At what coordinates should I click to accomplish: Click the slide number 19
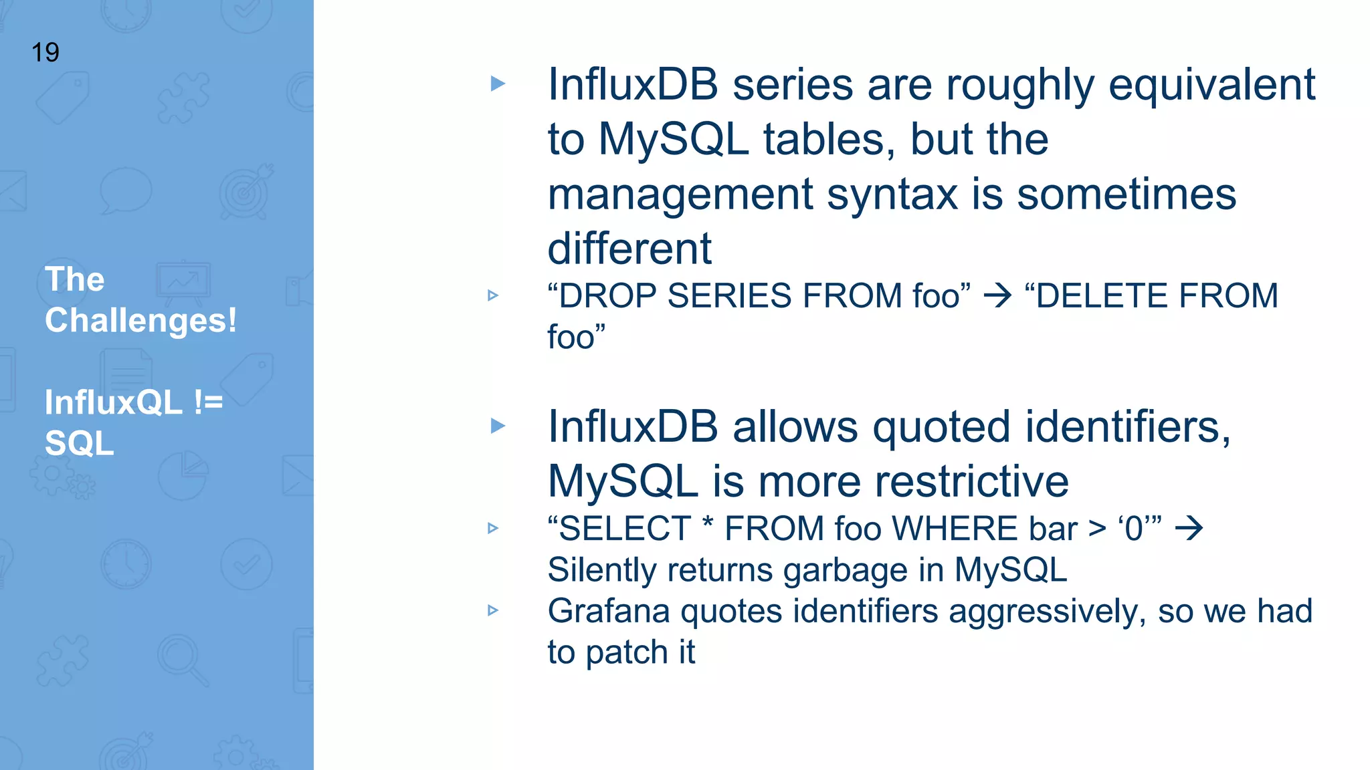click(x=45, y=53)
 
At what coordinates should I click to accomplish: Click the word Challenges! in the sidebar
click(x=140, y=320)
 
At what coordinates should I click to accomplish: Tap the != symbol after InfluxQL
click(x=208, y=402)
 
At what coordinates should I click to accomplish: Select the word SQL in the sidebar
click(x=79, y=443)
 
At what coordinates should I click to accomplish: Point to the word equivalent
click(x=1211, y=86)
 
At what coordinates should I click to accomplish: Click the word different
click(x=629, y=249)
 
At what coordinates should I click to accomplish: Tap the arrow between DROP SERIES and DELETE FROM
click(x=997, y=295)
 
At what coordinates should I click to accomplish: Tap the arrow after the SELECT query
click(x=1189, y=529)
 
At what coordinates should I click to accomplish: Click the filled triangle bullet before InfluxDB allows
click(x=498, y=426)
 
